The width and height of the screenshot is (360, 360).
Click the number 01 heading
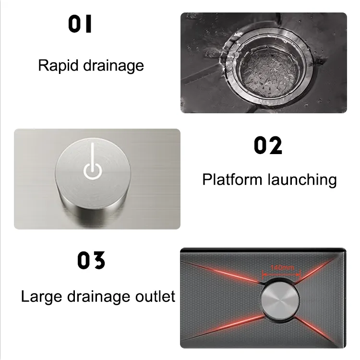(80, 24)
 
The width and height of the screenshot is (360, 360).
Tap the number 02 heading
(268, 146)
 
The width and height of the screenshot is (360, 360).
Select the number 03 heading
(91, 260)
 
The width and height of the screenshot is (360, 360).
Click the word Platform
(232, 180)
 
